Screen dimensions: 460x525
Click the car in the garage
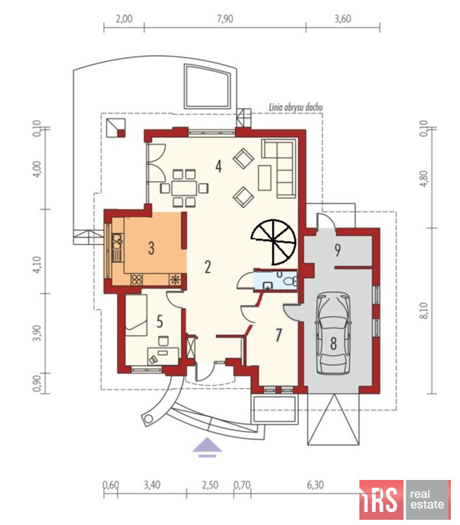click(334, 334)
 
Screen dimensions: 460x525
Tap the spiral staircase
click(274, 242)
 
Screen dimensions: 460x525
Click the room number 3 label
click(152, 248)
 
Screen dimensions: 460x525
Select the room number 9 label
click(337, 250)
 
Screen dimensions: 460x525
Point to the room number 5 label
click(160, 321)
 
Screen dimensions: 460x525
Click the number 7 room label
click(278, 335)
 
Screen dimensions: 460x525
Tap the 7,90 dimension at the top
click(225, 19)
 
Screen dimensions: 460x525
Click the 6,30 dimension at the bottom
click(315, 485)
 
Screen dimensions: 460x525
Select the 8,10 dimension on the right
click(424, 310)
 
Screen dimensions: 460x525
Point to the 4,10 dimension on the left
click(37, 264)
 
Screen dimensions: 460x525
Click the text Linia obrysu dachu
click(296, 107)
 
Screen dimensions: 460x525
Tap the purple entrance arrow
click(207, 447)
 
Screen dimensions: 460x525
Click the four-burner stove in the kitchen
click(137, 279)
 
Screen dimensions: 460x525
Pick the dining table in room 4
click(184, 188)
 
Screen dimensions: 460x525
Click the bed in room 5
click(136, 315)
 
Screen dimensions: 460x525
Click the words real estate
click(427, 500)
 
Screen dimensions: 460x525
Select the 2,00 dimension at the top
click(124, 19)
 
